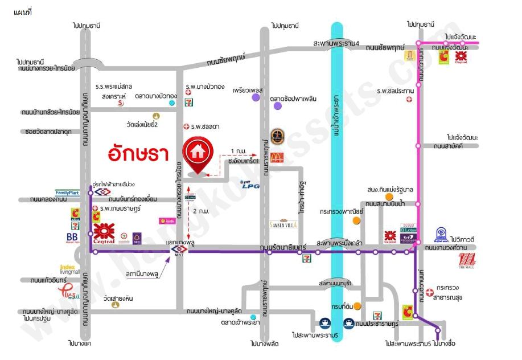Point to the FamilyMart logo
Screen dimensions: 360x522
pyautogui.click(x=67, y=193)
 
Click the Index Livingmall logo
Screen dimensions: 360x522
pyautogui.click(x=68, y=268)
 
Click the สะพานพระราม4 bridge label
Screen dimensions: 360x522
pyautogui.click(x=337, y=43)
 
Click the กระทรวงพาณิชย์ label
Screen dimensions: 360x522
pyautogui.click(x=342, y=211)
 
